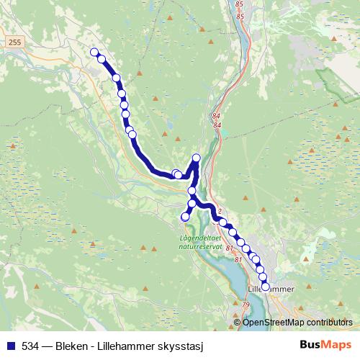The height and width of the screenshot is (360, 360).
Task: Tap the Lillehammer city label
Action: pyautogui.click(x=271, y=289)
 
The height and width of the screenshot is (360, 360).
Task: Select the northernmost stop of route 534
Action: pyautogui.click(x=94, y=52)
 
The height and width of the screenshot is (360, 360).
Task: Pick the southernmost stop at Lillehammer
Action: pyautogui.click(x=265, y=287)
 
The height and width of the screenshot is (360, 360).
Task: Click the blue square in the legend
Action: pyautogui.click(x=10, y=345)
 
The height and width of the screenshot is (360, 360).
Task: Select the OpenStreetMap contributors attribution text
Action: pyautogui.click(x=297, y=323)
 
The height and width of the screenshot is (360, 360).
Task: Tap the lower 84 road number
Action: pyautogui.click(x=217, y=125)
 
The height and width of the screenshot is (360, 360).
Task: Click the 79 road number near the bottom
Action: pyautogui.click(x=247, y=305)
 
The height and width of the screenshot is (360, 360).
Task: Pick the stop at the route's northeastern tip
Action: pyautogui.click(x=197, y=158)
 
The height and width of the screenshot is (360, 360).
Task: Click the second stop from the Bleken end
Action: pyautogui.click(x=102, y=58)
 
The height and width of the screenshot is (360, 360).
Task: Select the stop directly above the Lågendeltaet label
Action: pyautogui.click(x=185, y=216)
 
